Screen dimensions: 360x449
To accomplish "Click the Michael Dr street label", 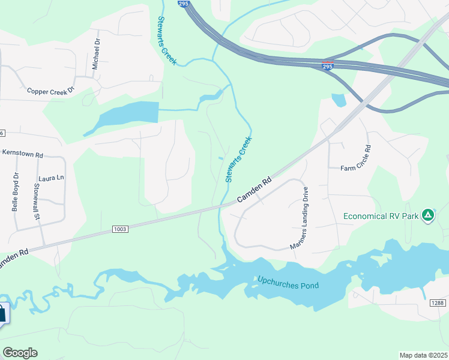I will tap(96, 53).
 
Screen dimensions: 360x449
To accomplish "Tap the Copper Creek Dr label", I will tap(50, 90).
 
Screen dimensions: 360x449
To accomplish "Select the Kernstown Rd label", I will tap(23, 154).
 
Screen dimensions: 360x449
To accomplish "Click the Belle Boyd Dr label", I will tap(16, 192).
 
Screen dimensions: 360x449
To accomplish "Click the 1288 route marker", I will tap(438, 304).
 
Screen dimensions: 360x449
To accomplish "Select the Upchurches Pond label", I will tap(288, 282).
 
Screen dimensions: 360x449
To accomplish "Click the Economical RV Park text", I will tap(380, 217).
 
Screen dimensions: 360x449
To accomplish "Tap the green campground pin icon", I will tap(427, 215).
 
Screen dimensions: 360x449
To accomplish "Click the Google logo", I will tap(20, 353).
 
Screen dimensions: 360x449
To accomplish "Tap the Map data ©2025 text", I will tap(424, 355).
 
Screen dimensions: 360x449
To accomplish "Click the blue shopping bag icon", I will tap(2, 313).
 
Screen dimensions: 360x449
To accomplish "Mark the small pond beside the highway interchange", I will tap(339, 100).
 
